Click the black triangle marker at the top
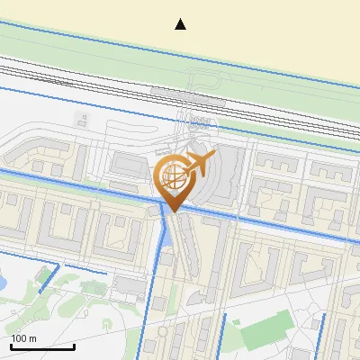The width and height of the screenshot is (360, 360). pyautogui.click(x=181, y=24)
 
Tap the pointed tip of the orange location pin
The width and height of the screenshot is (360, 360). pyautogui.click(x=173, y=211)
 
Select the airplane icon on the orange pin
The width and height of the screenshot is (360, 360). pyautogui.click(x=199, y=164)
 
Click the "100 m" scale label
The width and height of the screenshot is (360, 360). pyautogui.click(x=24, y=338)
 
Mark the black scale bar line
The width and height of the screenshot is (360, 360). pyautogui.click(x=42, y=346)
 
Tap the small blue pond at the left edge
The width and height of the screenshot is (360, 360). pyautogui.click(x=3, y=283)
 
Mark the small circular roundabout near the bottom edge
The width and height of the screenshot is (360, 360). pyautogui.click(x=163, y=331)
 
